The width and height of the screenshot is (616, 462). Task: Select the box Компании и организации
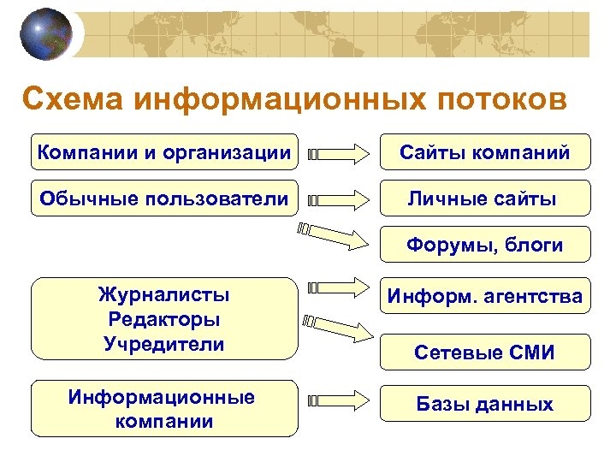[164, 152]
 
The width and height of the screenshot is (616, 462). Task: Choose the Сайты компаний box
[484, 152]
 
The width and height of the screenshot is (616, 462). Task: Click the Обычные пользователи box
[164, 198]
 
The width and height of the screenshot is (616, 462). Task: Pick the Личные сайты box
[484, 198]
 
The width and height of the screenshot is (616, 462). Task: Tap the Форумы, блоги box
[484, 245]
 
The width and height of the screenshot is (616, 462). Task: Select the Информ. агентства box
[484, 297]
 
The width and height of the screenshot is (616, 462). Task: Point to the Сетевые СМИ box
[484, 352]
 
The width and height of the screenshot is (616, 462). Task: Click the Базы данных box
[484, 403]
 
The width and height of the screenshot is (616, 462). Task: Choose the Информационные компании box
[164, 409]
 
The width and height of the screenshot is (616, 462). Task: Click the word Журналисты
[164, 296]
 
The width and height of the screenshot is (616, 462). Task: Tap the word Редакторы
[164, 320]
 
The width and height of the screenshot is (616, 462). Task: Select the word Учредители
[164, 344]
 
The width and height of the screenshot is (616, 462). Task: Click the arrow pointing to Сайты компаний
[342, 154]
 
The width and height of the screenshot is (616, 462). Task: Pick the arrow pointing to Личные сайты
[342, 200]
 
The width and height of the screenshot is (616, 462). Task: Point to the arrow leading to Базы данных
[342, 399]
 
